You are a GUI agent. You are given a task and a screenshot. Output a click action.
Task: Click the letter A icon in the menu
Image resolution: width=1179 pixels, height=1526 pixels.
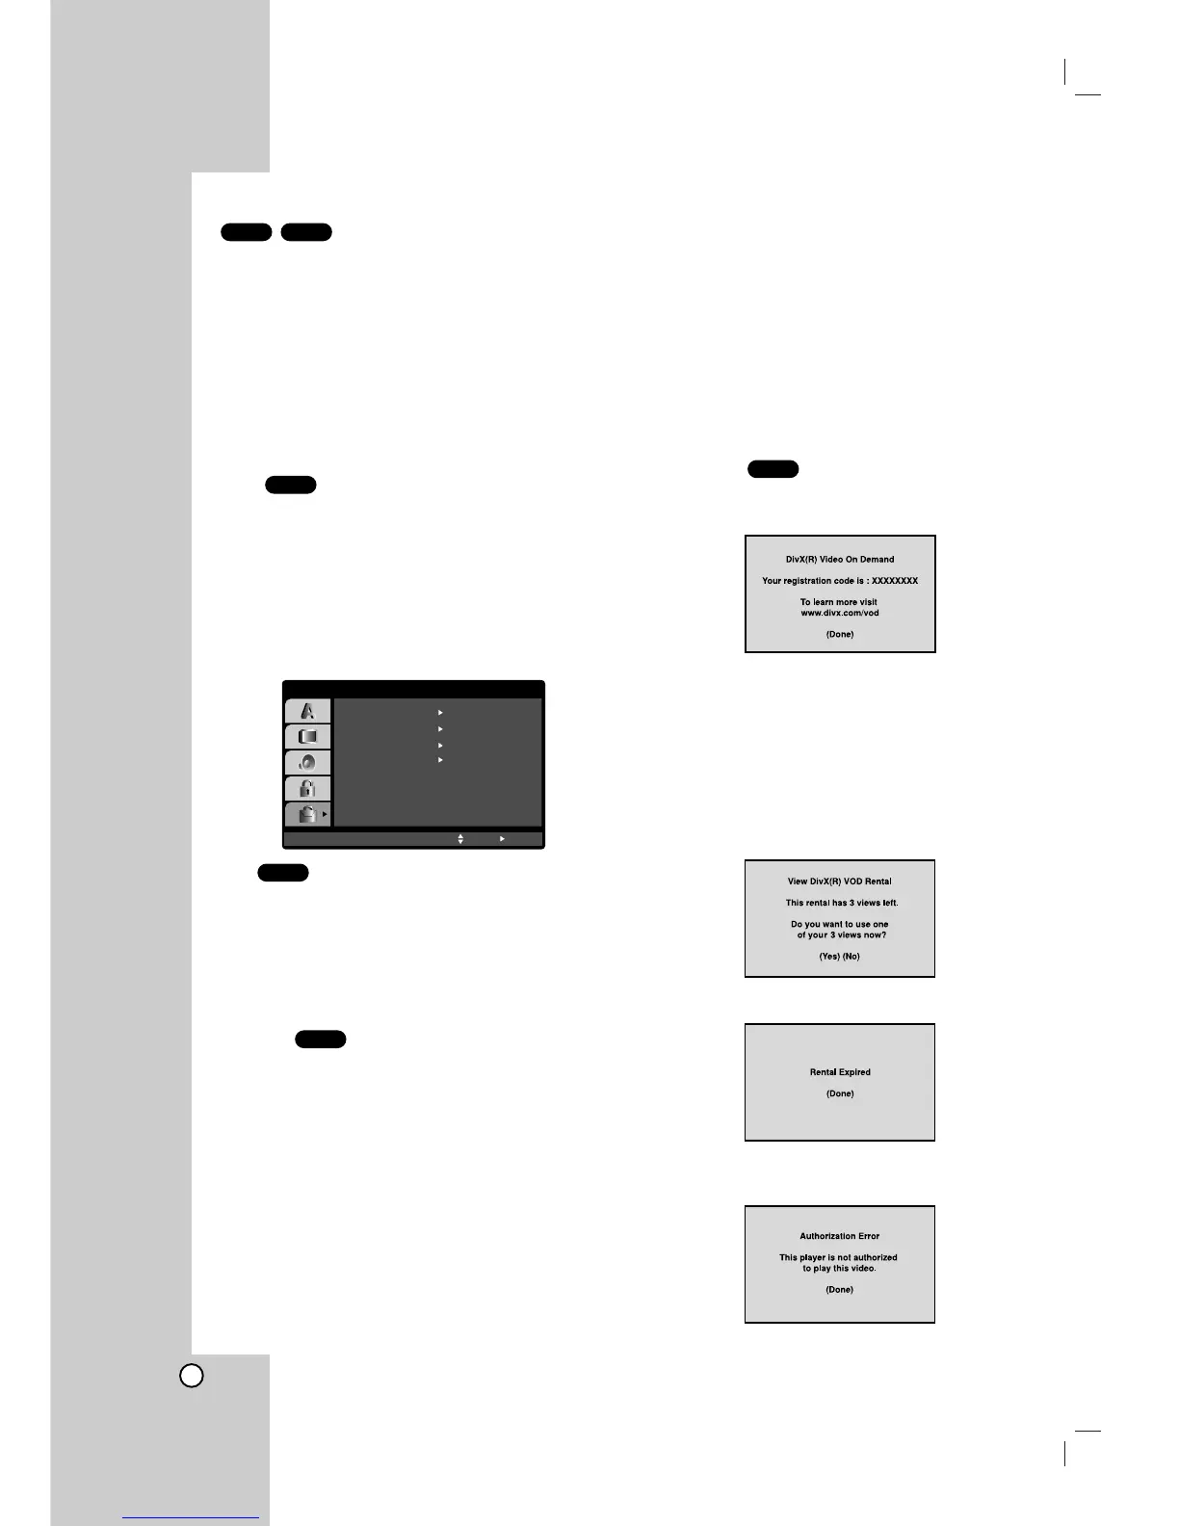308,711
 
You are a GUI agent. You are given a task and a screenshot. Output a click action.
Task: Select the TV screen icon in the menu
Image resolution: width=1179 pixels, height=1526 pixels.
308,737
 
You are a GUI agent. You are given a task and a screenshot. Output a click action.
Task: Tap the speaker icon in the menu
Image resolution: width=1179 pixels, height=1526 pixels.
308,763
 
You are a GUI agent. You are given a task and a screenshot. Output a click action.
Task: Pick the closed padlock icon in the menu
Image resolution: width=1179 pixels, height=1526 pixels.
308,789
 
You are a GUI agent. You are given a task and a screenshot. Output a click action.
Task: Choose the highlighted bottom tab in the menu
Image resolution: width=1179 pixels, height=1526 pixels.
308,815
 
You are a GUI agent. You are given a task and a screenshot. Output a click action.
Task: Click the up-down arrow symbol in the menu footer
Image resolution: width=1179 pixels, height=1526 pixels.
460,839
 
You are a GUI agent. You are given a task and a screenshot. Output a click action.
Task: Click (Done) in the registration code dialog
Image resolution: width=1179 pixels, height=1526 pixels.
840,635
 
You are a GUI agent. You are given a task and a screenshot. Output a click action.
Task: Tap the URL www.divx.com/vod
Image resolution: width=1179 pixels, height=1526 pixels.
840,613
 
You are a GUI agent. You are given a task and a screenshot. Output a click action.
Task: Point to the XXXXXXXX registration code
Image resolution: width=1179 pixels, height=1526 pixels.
895,581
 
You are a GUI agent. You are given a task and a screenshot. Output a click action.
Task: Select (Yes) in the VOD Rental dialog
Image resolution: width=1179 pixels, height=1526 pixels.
829,957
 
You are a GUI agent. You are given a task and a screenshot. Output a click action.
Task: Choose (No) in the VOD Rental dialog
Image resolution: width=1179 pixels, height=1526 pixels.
851,957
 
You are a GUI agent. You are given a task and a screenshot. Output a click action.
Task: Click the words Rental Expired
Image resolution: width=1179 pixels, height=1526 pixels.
840,1072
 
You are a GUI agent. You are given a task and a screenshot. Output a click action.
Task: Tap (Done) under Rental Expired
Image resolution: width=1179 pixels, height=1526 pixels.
840,1093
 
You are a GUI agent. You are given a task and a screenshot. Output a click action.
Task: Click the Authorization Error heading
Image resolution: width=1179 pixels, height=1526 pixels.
840,1236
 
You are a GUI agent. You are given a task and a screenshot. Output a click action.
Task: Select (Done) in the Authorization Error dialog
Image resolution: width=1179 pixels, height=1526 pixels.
840,1290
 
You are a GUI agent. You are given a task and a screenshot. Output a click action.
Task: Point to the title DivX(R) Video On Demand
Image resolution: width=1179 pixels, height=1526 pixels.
840,560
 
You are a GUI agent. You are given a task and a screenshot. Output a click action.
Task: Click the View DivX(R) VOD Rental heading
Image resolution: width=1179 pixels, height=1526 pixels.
840,881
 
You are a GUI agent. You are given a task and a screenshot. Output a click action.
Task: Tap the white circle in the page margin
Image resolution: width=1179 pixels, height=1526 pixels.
192,1376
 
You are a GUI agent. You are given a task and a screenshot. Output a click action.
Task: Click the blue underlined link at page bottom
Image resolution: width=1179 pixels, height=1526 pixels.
191,1517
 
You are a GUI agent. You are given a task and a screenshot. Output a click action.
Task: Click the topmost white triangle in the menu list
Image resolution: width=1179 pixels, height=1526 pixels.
440,713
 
